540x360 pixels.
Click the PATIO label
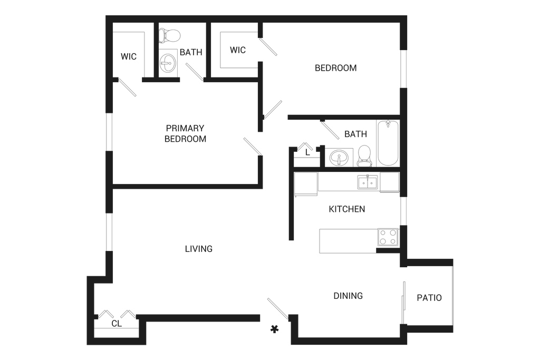429,298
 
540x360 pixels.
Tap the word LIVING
199,248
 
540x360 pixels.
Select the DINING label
348,296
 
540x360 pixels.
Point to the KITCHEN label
346,210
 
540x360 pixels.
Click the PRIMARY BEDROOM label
185,134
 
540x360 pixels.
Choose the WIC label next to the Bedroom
238,51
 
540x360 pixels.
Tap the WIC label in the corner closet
128,56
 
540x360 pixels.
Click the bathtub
387,143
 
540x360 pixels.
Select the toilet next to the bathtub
364,154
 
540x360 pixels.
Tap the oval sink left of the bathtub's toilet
338,157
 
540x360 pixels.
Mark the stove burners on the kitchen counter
389,238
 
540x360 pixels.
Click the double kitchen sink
368,182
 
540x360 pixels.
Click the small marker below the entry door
274,330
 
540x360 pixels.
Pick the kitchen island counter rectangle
348,240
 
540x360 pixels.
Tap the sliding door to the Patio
403,301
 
